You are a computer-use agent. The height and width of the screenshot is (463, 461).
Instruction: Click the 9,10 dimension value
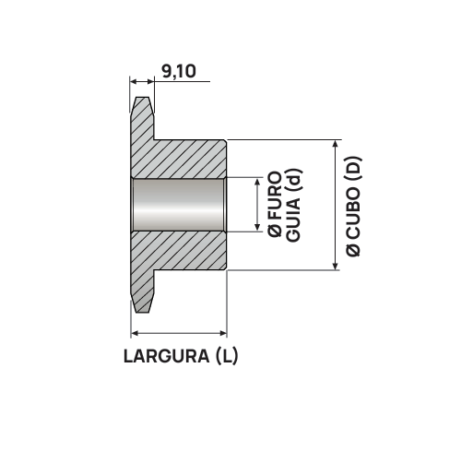point(179,70)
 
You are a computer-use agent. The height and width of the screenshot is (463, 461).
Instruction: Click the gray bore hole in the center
point(179,205)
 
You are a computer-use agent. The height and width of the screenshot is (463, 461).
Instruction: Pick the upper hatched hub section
point(184,157)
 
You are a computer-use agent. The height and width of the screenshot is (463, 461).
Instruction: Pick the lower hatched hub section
point(184,251)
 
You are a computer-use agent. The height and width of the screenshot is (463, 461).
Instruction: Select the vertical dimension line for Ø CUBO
point(335,205)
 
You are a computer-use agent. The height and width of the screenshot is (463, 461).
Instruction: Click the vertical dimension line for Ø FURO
point(256,205)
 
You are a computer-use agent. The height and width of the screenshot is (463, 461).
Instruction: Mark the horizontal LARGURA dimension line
point(179,332)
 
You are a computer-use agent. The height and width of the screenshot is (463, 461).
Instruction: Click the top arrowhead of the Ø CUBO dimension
point(335,144)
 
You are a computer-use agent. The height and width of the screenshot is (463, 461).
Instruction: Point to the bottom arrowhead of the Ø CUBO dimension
point(335,267)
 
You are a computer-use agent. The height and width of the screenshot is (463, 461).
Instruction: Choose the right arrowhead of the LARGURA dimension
point(222,332)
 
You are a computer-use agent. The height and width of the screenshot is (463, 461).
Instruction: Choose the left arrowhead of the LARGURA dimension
point(136,332)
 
